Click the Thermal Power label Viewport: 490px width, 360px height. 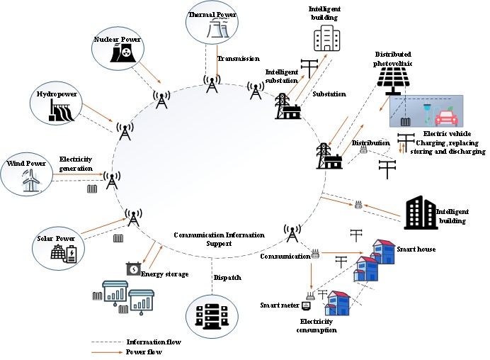(x=212, y=14)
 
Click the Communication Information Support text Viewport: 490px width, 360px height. (x=219, y=239)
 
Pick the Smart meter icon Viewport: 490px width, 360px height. (x=306, y=306)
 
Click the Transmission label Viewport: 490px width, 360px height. (x=239, y=59)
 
